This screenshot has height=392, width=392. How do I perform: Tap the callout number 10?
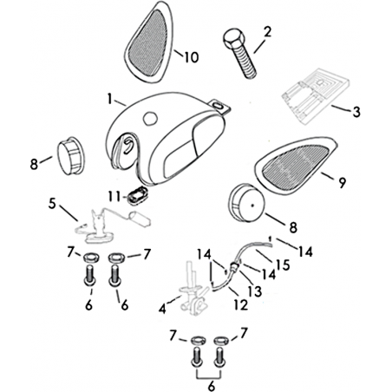pos(192,57)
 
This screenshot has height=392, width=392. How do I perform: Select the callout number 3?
pos(356,112)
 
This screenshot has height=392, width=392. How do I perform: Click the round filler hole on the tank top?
pos(150,118)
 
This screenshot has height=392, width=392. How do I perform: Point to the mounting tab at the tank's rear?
pos(220,106)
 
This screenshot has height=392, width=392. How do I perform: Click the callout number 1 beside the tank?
pos(110,99)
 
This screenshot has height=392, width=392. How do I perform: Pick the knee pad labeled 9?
pos(297,165)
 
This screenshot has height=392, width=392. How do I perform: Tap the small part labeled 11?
pos(138,196)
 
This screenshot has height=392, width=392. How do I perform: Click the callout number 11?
pos(114,197)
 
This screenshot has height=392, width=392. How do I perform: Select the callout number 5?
pos(52,204)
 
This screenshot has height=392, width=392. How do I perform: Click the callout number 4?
pos(162,309)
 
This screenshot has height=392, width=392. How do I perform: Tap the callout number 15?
pos(283,265)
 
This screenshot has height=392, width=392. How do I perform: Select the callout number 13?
pos(254,291)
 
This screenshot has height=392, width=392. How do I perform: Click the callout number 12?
pos(241,304)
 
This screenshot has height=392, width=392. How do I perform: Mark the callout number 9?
pos(342,183)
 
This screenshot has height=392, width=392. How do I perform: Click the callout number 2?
pos(268,32)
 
